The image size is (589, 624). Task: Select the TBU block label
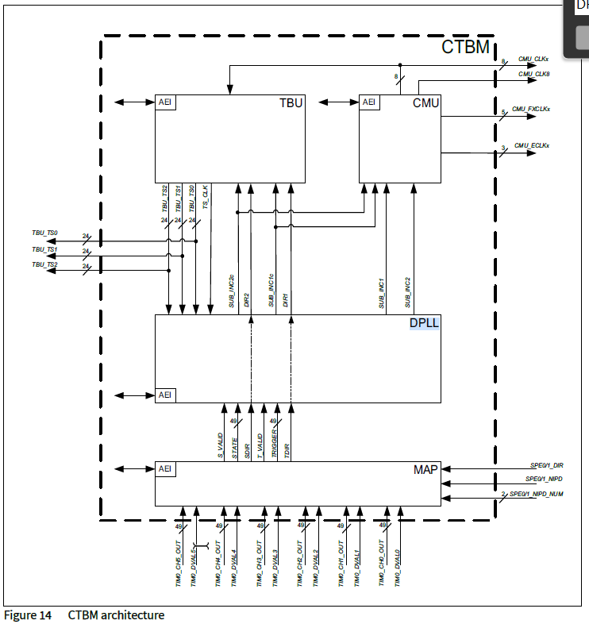click(x=291, y=103)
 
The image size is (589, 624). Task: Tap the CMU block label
click(x=426, y=103)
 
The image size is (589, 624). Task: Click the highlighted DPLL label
click(x=424, y=323)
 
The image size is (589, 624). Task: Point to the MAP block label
click(x=425, y=470)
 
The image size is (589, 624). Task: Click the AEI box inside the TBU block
click(x=165, y=102)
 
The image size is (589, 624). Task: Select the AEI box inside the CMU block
click(x=369, y=102)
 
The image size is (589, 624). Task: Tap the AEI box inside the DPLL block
click(x=165, y=395)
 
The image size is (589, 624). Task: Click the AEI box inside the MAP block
click(x=165, y=469)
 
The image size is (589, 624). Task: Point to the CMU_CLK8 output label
click(x=534, y=74)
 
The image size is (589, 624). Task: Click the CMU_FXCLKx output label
click(x=531, y=109)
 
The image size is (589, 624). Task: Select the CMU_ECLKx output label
click(x=532, y=145)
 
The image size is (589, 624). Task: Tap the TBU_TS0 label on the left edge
click(x=44, y=233)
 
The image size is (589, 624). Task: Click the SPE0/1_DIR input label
click(x=547, y=464)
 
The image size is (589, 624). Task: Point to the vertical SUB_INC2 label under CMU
click(x=408, y=292)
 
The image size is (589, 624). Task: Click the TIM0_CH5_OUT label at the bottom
click(x=179, y=566)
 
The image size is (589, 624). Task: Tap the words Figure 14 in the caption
click(x=28, y=615)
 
